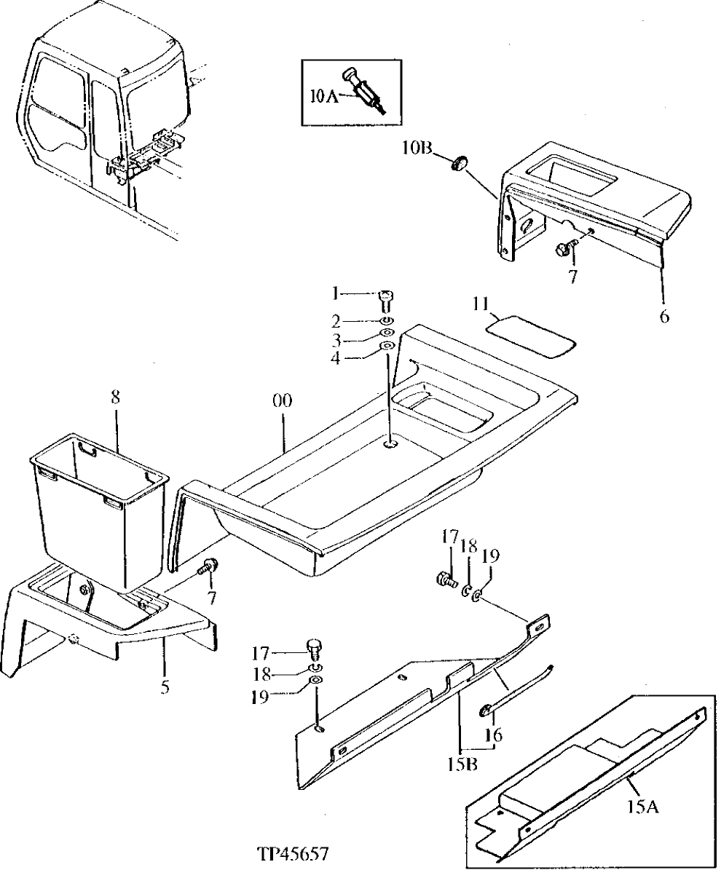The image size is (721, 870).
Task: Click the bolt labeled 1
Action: click(x=386, y=298)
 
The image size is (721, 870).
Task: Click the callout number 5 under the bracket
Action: click(x=165, y=686)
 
